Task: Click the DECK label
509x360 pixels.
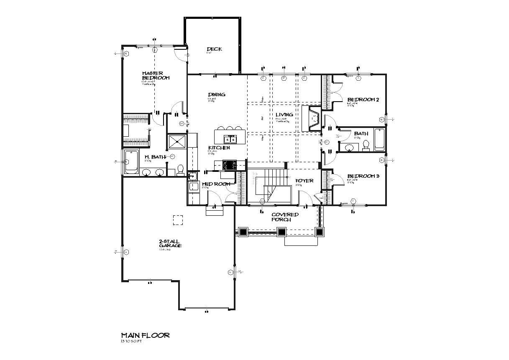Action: (214, 49)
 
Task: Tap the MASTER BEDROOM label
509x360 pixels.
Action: (155, 75)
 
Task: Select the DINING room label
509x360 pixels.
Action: (217, 94)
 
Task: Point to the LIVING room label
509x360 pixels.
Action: (284, 115)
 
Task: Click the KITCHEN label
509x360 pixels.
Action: (219, 148)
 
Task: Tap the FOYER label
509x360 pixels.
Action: (304, 181)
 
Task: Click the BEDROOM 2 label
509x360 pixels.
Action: (363, 100)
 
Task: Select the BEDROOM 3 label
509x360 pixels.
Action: (363, 176)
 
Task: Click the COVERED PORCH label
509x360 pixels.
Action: (285, 217)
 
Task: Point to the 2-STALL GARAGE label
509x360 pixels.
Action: (170, 243)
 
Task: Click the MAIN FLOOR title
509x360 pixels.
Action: (145, 335)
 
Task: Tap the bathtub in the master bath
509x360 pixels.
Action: (130, 162)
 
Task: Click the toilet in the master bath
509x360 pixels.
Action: (181, 169)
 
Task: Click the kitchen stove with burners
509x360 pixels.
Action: (229, 165)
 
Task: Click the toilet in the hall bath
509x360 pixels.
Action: (366, 145)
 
